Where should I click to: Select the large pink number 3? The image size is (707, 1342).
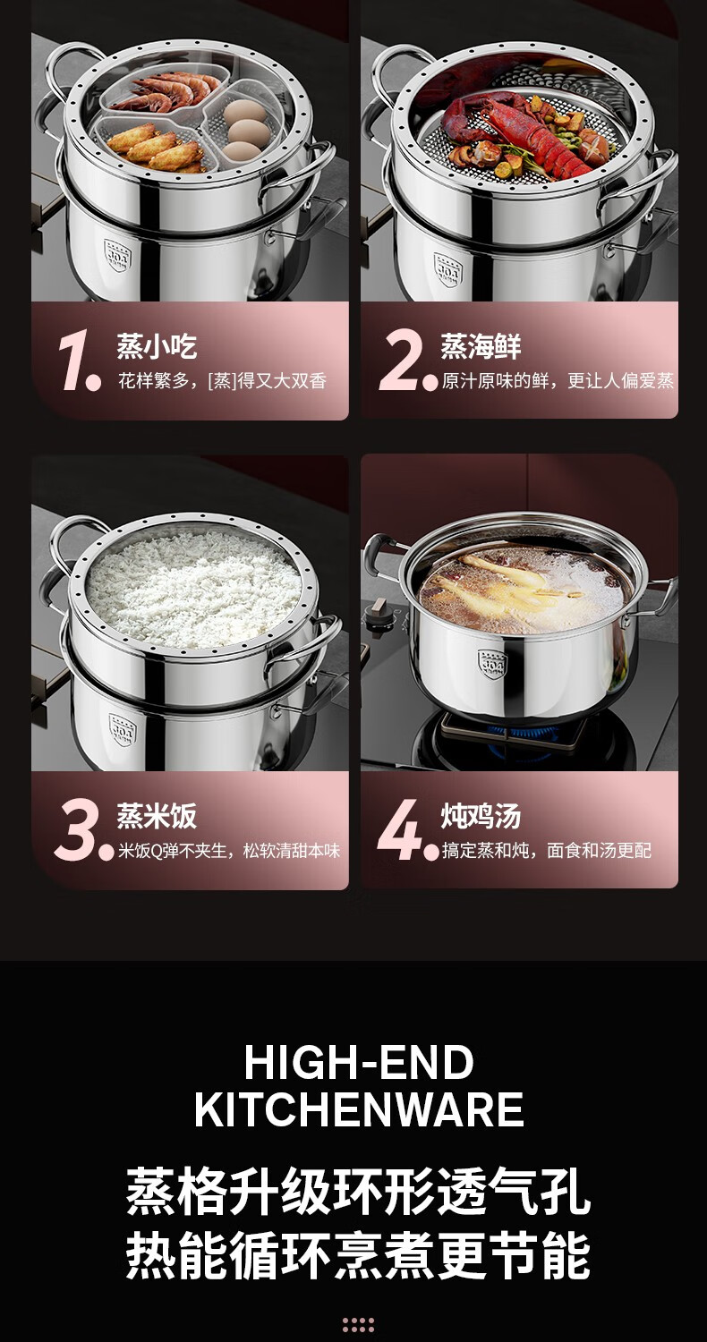pos(76,829)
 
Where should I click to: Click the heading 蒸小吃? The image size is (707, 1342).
pos(157,346)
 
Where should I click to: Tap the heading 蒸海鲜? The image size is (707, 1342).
pos(481,346)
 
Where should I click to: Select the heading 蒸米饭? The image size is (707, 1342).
pos(157,816)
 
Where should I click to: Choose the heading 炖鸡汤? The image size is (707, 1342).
pos(481,816)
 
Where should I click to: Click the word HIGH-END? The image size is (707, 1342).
pos(358,1062)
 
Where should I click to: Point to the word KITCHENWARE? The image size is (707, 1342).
pos(359,1109)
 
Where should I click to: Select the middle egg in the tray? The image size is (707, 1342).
pos(248,130)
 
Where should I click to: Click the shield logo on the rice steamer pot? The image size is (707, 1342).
pos(123,730)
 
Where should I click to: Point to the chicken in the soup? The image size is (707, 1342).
pos(515,582)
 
